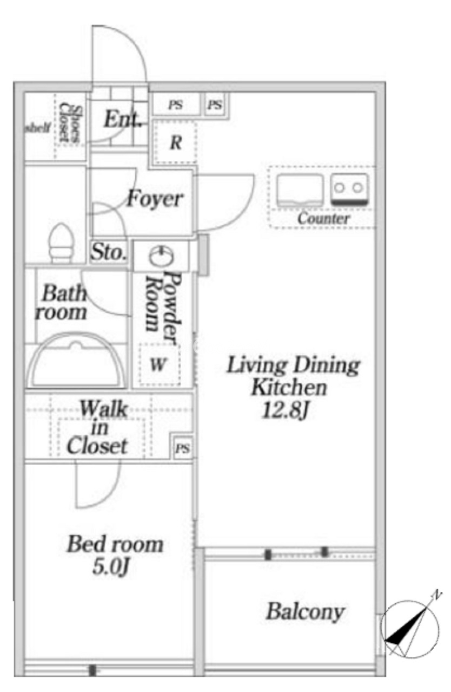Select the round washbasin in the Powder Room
click(x=161, y=256)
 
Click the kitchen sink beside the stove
click(x=300, y=190)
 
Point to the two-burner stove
click(x=349, y=190)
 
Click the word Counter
click(x=323, y=218)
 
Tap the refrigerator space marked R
click(x=176, y=142)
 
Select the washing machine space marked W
click(x=159, y=364)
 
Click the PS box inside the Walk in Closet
click(x=183, y=448)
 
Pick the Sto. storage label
click(x=109, y=252)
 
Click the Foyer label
click(x=155, y=199)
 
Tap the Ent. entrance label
click(x=122, y=119)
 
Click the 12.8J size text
click(x=285, y=410)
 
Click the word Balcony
click(x=306, y=611)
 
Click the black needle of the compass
click(x=407, y=624)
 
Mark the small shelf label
click(x=37, y=128)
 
